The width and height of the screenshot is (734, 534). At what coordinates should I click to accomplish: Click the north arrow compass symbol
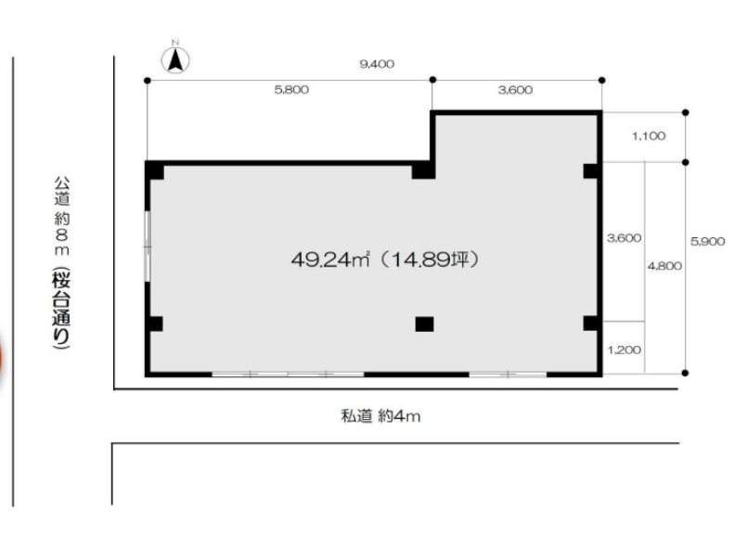click(175, 59)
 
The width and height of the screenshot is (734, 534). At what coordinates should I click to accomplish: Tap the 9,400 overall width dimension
click(377, 64)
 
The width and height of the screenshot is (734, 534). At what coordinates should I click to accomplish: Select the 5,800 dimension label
click(291, 90)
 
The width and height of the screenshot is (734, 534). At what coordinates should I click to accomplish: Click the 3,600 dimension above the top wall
click(515, 90)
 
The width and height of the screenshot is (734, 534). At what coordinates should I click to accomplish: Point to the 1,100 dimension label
click(649, 136)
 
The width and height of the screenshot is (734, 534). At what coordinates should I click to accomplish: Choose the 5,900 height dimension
click(708, 242)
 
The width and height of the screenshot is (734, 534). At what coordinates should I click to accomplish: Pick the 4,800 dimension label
click(664, 266)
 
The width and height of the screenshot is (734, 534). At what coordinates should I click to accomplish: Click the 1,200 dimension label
click(624, 350)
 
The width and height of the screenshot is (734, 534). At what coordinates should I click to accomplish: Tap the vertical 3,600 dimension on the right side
click(624, 238)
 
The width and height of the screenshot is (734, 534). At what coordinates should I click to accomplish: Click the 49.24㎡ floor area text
click(330, 260)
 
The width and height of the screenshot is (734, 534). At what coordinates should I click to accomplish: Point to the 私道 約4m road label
click(380, 415)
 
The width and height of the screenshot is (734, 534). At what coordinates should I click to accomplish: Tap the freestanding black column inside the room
click(425, 324)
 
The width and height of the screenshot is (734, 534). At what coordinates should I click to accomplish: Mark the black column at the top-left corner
click(154, 171)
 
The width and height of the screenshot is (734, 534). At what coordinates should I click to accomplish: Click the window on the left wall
click(148, 247)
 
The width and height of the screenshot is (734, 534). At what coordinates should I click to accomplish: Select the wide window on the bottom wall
click(288, 375)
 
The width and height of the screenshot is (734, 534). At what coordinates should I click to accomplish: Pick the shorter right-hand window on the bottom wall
click(508, 375)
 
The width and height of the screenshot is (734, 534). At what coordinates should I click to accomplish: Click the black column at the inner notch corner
click(424, 171)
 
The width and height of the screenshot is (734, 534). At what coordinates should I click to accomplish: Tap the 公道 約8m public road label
click(62, 216)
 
